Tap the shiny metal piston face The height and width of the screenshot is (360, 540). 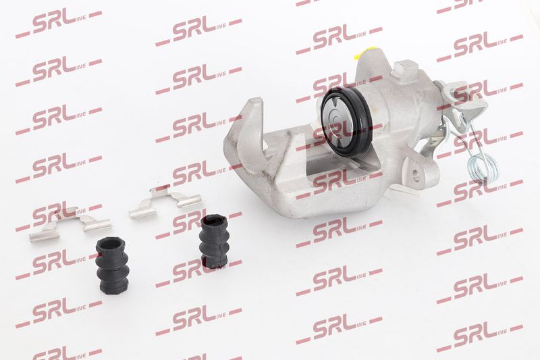point(339,121)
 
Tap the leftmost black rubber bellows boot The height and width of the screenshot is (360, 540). point(112,266)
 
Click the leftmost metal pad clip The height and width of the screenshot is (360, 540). point(71,224)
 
